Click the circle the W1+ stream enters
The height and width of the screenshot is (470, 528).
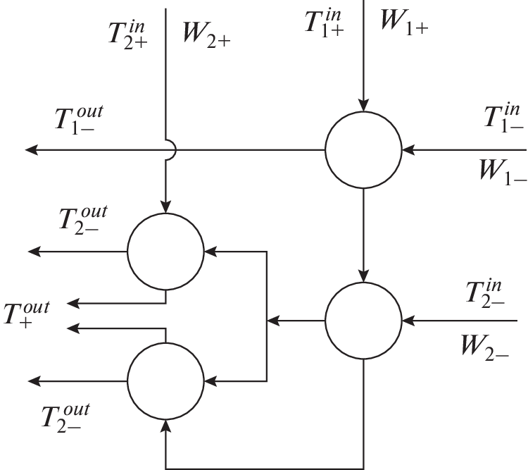pos(363,149)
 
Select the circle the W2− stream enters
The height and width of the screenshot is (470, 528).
pos(363,321)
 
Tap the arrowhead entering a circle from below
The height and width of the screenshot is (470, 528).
pos(165,423)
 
